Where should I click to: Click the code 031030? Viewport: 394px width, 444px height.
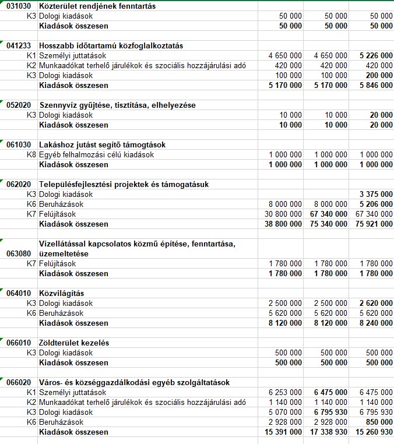[19, 6]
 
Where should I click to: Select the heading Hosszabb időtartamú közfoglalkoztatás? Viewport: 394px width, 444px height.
[111, 45]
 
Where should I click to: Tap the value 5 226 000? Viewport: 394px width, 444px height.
[377, 55]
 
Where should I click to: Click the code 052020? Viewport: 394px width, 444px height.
[19, 105]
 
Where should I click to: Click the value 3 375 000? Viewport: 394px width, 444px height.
[377, 194]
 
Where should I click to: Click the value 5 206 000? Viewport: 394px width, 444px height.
[377, 204]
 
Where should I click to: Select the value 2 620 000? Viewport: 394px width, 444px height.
[377, 303]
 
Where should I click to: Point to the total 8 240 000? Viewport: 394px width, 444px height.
[377, 323]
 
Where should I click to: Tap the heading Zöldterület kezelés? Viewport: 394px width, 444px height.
[74, 343]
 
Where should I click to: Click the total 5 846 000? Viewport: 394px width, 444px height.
[377, 85]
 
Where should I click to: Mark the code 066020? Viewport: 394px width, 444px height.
[19, 382]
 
